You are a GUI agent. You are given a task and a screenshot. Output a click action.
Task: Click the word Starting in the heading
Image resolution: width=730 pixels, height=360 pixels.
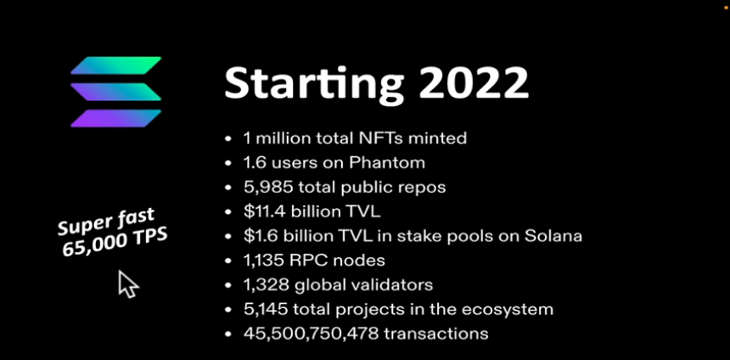click(314, 84)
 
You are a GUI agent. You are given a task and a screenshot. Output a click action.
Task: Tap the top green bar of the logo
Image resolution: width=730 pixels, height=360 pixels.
click(116, 65)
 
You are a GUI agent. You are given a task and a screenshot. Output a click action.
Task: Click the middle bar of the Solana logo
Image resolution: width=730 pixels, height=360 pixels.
click(116, 92)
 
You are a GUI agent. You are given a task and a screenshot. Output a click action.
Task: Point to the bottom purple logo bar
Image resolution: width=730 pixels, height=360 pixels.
click(116, 118)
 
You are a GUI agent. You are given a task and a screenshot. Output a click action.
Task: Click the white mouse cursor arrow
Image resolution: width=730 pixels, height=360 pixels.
click(127, 284)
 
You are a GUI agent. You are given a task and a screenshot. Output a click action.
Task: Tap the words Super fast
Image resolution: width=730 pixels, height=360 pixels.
click(106, 222)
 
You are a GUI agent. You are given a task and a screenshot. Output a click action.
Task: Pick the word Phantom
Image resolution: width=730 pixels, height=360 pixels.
click(387, 162)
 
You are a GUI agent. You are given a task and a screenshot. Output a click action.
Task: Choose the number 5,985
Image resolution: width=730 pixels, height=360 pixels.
click(268, 188)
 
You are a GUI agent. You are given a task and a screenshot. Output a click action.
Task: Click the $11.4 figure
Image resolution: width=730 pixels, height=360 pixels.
click(265, 211)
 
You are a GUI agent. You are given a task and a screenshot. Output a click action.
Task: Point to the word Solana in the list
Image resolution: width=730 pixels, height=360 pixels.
click(553, 236)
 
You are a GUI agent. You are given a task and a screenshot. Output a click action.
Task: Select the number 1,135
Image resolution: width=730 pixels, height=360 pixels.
click(264, 261)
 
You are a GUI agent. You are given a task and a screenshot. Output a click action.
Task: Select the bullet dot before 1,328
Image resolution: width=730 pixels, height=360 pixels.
click(228, 285)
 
